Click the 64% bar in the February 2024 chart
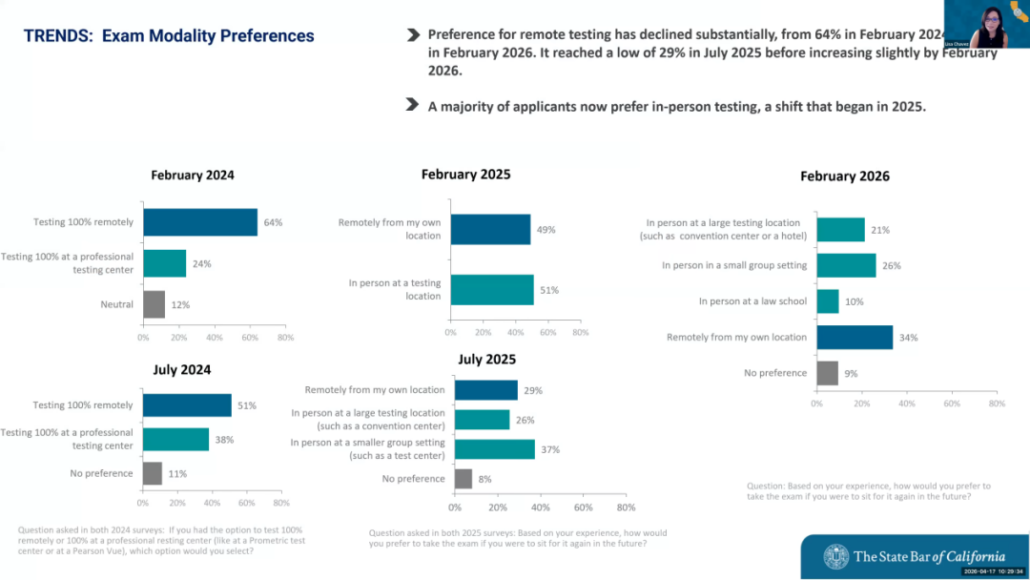tap(200, 222)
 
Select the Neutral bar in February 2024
tap(154, 304)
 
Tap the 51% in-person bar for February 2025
tap(492, 290)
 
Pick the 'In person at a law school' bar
tap(828, 301)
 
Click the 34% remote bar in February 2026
tap(855, 337)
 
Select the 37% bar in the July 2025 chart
tap(495, 449)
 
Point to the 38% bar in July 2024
tap(175, 439)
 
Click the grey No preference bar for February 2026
tap(827, 373)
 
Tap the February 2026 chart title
tap(844, 176)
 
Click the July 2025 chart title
tap(486, 360)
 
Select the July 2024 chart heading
tap(182, 370)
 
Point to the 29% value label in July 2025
tap(533, 390)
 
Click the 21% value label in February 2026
tap(881, 230)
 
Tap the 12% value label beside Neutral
tap(180, 305)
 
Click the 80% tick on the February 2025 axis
tap(579, 333)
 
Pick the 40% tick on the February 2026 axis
tap(907, 404)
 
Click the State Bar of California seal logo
tap(836, 556)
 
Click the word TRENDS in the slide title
tap(57, 36)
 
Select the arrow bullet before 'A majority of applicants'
tap(412, 104)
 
